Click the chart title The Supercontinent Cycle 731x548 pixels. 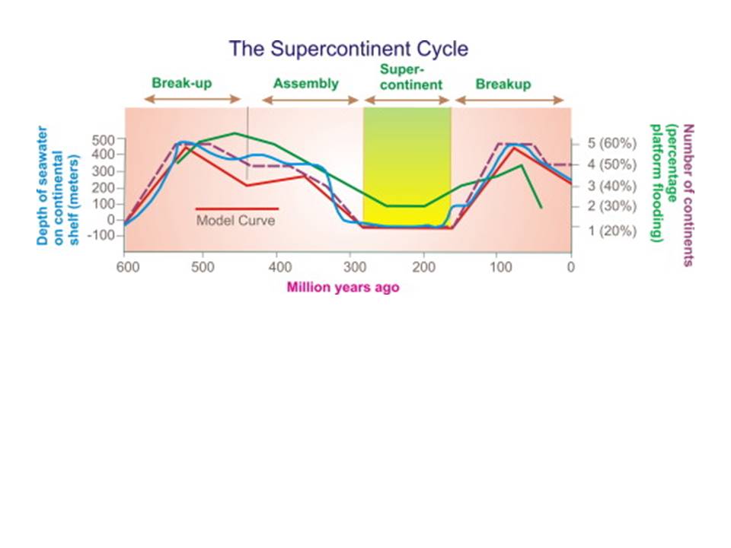[348, 49]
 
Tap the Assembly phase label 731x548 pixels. [306, 84]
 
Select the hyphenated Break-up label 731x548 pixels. [182, 84]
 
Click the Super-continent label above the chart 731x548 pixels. [410, 77]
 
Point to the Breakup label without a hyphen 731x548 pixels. [503, 84]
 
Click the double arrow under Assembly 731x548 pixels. [310, 100]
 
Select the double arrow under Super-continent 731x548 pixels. [407, 100]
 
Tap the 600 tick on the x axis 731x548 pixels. [128, 267]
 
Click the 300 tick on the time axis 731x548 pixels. [355, 267]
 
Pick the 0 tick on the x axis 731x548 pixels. [570, 267]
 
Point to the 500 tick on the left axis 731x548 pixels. [103, 140]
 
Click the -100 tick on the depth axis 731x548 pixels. [101, 235]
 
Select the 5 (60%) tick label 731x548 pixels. [611, 143]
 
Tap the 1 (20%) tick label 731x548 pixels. [611, 231]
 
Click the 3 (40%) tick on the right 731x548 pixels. [611, 186]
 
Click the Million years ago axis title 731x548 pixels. [343, 287]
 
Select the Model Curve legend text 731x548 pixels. [235, 221]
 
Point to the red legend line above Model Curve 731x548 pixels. [237, 209]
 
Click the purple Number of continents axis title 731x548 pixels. [688, 196]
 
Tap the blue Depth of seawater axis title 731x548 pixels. [58, 186]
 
